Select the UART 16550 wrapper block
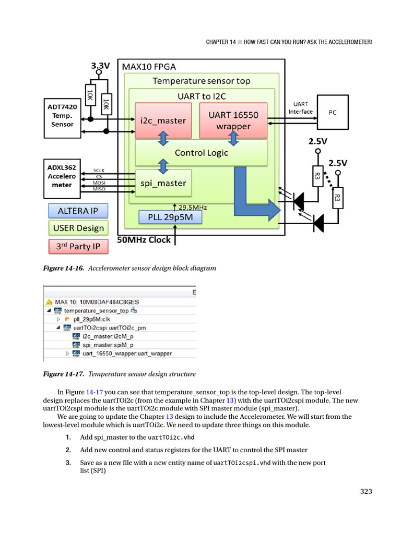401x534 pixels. pyautogui.click(x=233, y=120)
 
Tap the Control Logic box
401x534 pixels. pyautogui.click(x=201, y=153)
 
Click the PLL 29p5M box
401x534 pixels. pyautogui.click(x=170, y=217)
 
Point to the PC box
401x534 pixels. pyautogui.click(x=332, y=112)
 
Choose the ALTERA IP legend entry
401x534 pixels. pyautogui.click(x=78, y=211)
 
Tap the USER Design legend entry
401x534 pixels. pyautogui.click(x=78, y=228)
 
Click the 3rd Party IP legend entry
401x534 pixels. pyautogui.click(x=78, y=246)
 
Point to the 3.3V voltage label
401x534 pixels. pyautogui.click(x=100, y=66)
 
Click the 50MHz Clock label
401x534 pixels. pyautogui.click(x=144, y=240)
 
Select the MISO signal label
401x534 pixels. pyautogui.click(x=99, y=189)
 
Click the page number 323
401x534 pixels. pyautogui.click(x=367, y=491)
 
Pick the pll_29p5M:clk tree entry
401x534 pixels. pyautogui.click(x=87, y=319)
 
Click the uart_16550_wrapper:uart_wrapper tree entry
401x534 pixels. pyautogui.click(x=127, y=353)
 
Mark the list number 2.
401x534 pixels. pyautogui.click(x=68, y=450)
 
